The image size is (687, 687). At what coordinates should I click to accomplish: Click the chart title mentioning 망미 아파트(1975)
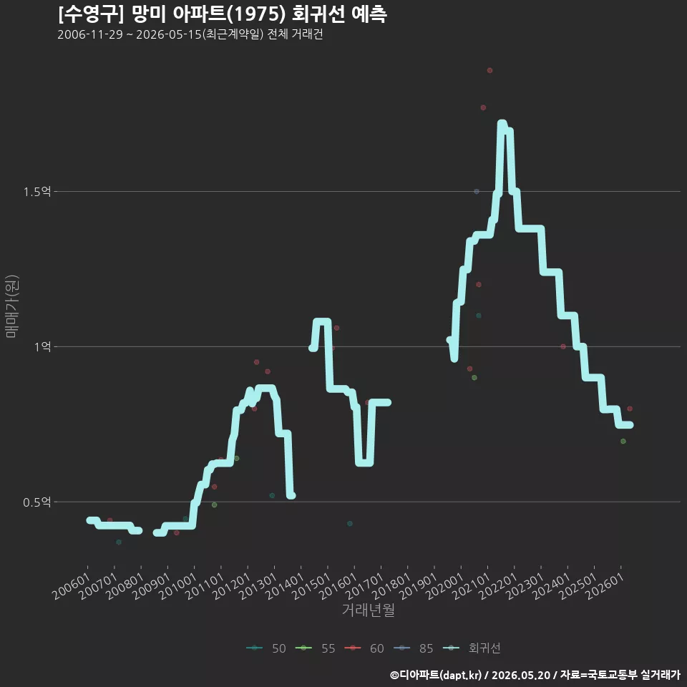[x=222, y=14]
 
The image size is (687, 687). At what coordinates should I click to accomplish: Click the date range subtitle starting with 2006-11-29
[x=190, y=34]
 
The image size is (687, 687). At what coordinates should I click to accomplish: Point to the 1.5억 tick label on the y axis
[x=37, y=192]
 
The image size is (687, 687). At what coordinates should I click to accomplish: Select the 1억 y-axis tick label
[x=43, y=346]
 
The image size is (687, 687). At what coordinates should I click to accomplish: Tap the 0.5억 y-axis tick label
[x=37, y=502]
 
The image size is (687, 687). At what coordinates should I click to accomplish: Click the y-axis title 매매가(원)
[x=11, y=306]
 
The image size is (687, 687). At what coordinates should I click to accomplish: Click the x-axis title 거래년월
[x=368, y=610]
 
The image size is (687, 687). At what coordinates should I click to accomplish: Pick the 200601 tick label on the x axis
[x=71, y=586]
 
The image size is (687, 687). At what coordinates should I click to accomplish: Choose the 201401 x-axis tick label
[x=285, y=586]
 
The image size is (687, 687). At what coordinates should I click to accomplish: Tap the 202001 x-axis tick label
[x=444, y=586]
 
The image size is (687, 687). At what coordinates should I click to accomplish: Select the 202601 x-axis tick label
[x=605, y=586]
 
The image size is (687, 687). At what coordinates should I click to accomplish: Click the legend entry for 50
[x=266, y=648]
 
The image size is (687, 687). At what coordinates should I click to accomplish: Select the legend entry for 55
[x=315, y=648]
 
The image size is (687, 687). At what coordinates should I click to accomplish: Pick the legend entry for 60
[x=364, y=648]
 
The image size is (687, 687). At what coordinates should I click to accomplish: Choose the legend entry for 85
[x=413, y=648]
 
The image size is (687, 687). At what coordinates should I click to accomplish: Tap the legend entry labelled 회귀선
[x=472, y=648]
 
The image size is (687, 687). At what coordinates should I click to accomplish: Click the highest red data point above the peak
[x=489, y=71]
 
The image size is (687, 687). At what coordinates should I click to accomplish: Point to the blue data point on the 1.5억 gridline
[x=477, y=192]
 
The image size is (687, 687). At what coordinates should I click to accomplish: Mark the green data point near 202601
[x=623, y=442]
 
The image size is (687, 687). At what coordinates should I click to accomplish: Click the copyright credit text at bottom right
[x=535, y=675]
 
